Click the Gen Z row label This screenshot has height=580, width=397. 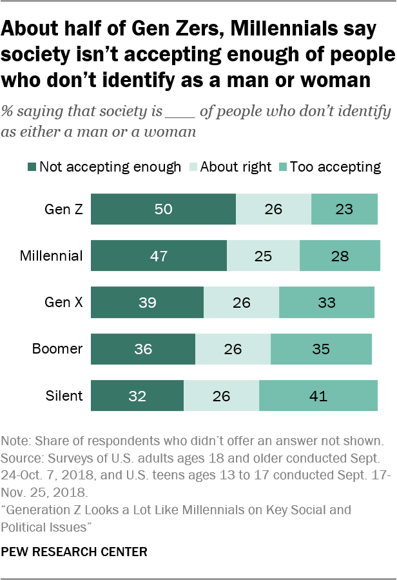point(63,209)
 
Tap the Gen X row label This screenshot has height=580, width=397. point(63,302)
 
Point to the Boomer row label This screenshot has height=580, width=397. point(57,349)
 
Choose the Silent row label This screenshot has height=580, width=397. point(64,395)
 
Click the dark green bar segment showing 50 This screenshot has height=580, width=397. point(163,209)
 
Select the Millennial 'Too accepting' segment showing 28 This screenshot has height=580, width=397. point(340,255)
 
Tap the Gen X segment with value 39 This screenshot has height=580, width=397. point(147,302)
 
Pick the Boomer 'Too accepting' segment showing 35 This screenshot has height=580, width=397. point(321,349)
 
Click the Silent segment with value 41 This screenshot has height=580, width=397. point(318,395)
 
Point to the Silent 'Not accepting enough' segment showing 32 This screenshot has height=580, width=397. point(137,395)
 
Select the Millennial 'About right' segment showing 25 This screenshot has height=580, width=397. point(263,255)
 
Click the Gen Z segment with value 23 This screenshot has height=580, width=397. point(344,209)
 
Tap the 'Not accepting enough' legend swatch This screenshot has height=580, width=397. point(32,167)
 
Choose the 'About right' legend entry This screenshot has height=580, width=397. point(229,167)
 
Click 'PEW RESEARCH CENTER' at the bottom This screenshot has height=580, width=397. point(74,552)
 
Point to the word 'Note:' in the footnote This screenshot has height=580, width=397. point(16,441)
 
